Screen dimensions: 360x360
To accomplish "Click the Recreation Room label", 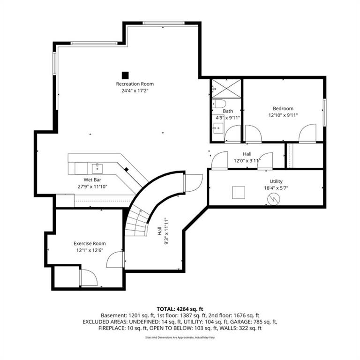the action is (135, 84).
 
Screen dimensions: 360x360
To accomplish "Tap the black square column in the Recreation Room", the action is (125, 75).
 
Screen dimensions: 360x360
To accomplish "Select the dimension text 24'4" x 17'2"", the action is (135, 90).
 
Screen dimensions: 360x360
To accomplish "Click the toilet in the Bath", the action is (219, 104).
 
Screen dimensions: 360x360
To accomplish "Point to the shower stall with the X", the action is (226, 89).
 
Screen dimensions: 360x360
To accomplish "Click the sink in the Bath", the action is (218, 128).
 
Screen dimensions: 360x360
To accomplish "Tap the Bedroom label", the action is (283, 108).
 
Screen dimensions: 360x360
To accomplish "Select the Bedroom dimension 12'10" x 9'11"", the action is (283, 115).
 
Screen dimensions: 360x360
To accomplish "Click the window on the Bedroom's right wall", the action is (325, 112).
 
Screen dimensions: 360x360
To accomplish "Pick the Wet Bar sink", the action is (97, 168).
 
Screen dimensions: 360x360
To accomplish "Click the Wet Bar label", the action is (92, 180).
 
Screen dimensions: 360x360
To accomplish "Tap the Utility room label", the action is (276, 181).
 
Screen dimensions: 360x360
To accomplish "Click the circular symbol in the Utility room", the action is (274, 199).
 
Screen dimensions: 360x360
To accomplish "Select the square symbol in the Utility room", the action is (239, 192).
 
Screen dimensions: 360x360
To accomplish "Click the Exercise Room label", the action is (90, 243).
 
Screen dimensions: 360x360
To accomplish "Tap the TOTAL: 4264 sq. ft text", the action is (180, 309).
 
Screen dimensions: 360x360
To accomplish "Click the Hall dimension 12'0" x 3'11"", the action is (247, 161).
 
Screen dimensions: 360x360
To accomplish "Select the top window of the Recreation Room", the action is (163, 23).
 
